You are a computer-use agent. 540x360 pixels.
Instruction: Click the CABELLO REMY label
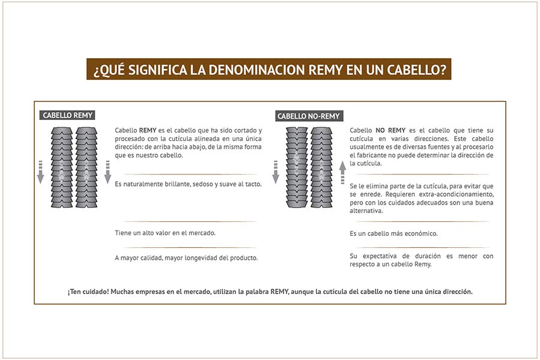pyautogui.click(x=68, y=115)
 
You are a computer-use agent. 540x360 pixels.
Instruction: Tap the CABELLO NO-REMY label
pyautogui.click(x=308, y=116)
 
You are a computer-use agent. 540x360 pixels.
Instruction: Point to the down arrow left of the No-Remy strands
pyautogui.click(x=276, y=172)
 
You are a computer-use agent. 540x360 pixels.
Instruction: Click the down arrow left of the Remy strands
pyautogui.click(x=41, y=172)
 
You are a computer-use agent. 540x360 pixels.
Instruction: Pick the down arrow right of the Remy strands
pyautogui.click(x=107, y=172)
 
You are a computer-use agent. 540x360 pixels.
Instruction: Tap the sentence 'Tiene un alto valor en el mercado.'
pyautogui.click(x=165, y=233)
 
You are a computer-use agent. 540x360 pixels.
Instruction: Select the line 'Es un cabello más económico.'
pyautogui.click(x=394, y=233)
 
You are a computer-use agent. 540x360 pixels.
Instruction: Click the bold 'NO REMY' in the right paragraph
pyautogui.click(x=391, y=130)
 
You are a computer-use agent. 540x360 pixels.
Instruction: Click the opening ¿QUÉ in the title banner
pyautogui.click(x=108, y=70)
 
